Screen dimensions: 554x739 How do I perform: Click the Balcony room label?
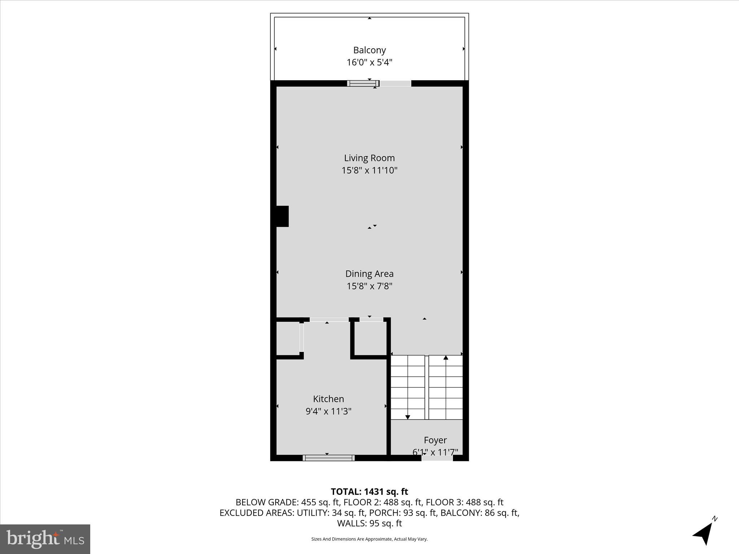pyautogui.click(x=369, y=50)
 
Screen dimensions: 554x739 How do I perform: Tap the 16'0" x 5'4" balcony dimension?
pyautogui.click(x=369, y=62)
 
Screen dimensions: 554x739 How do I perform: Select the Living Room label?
pyautogui.click(x=369, y=158)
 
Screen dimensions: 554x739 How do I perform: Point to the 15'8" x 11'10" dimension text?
pyautogui.click(x=369, y=170)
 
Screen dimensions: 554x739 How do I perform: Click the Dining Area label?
pyautogui.click(x=369, y=274)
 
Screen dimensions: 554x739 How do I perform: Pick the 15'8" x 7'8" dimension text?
pyautogui.click(x=369, y=286)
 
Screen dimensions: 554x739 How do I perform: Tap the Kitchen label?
pyautogui.click(x=328, y=399)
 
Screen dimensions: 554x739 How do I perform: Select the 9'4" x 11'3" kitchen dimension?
pyautogui.click(x=328, y=411)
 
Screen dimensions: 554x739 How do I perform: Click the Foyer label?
pyautogui.click(x=435, y=440)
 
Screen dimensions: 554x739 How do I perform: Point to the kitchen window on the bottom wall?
pyautogui.click(x=328, y=458)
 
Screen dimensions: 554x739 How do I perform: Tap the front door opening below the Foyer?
pyautogui.click(x=437, y=458)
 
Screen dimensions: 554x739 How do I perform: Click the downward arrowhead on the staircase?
pyautogui.click(x=408, y=417)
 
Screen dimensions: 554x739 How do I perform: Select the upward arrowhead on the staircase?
pyautogui.click(x=446, y=358)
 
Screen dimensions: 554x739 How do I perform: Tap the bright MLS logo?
pyautogui.click(x=45, y=539)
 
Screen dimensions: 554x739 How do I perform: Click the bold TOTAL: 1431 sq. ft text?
pyautogui.click(x=369, y=492)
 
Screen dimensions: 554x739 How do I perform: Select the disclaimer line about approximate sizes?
pyautogui.click(x=369, y=539)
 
